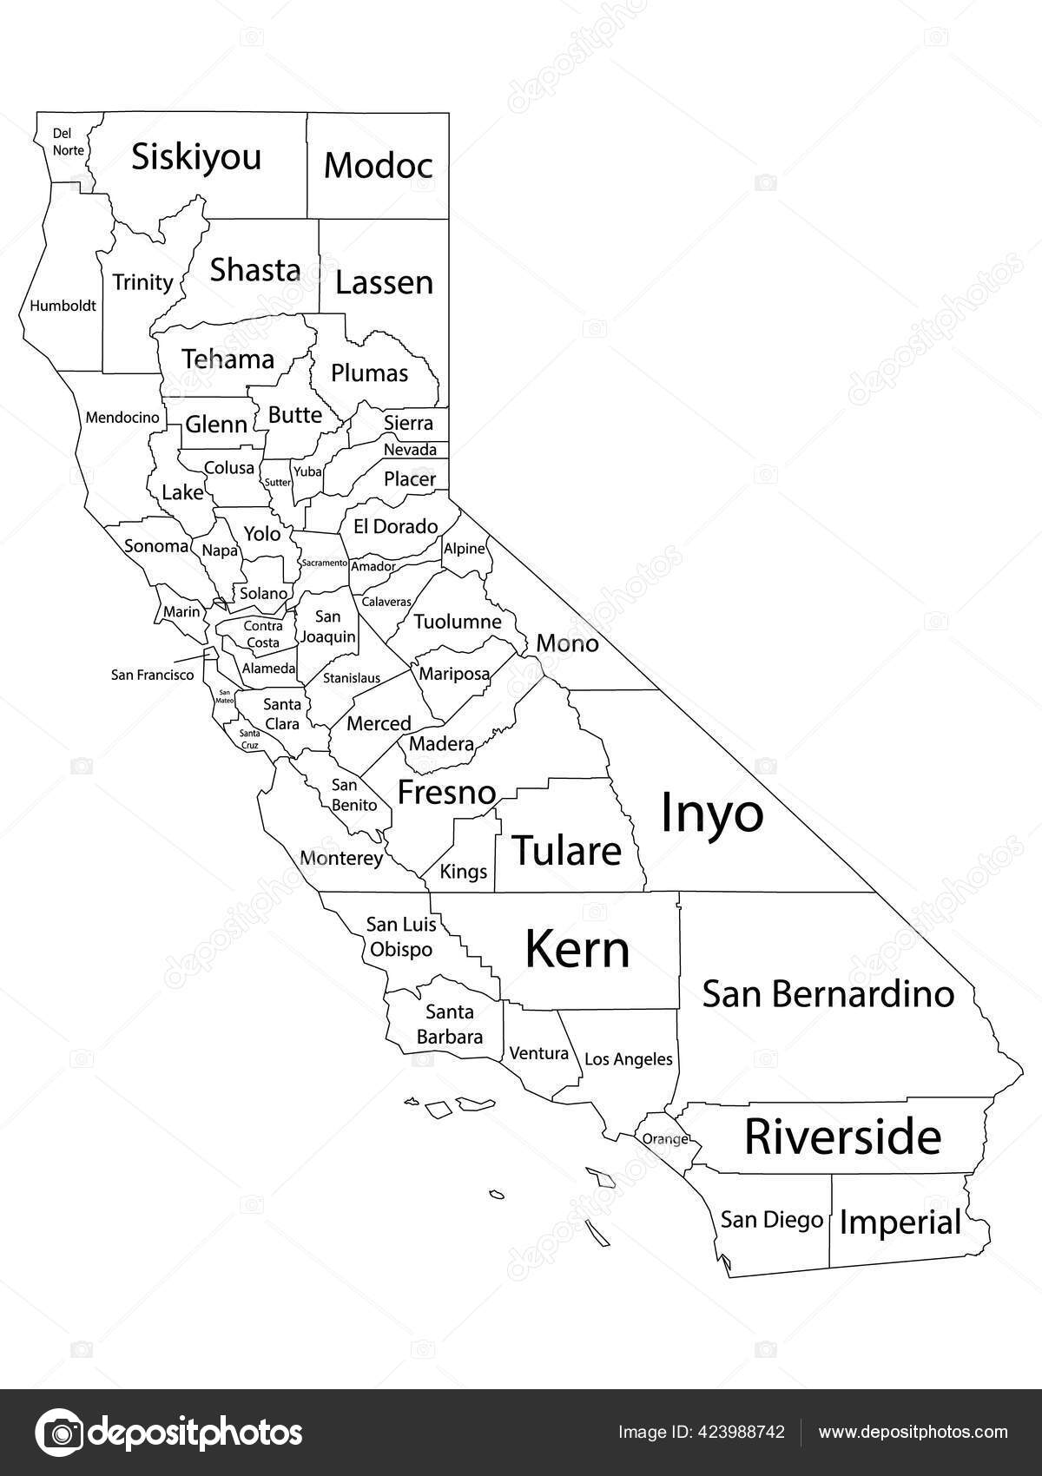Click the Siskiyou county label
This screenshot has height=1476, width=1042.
[x=196, y=158]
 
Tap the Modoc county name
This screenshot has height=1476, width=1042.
[x=378, y=165]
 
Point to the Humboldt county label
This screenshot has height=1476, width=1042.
[x=63, y=306]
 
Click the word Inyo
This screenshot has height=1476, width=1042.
[x=712, y=814]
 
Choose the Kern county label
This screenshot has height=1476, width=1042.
[x=577, y=949]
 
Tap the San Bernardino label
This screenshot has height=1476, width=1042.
[x=828, y=993]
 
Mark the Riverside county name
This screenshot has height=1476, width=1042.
[x=842, y=1137]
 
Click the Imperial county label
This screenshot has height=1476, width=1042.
[x=900, y=1222]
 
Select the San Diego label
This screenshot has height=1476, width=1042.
[x=771, y=1219]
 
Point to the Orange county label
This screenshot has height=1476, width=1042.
[x=665, y=1139]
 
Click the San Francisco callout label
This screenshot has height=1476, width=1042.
[x=153, y=675]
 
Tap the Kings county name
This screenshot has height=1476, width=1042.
[x=464, y=871]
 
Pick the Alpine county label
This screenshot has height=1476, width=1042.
[x=464, y=549]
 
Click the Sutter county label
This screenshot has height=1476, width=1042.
[x=278, y=483]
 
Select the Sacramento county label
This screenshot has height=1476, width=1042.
[x=324, y=563]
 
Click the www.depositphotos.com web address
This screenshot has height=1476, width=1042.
[x=913, y=1432]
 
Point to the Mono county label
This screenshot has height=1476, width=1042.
[x=567, y=643]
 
